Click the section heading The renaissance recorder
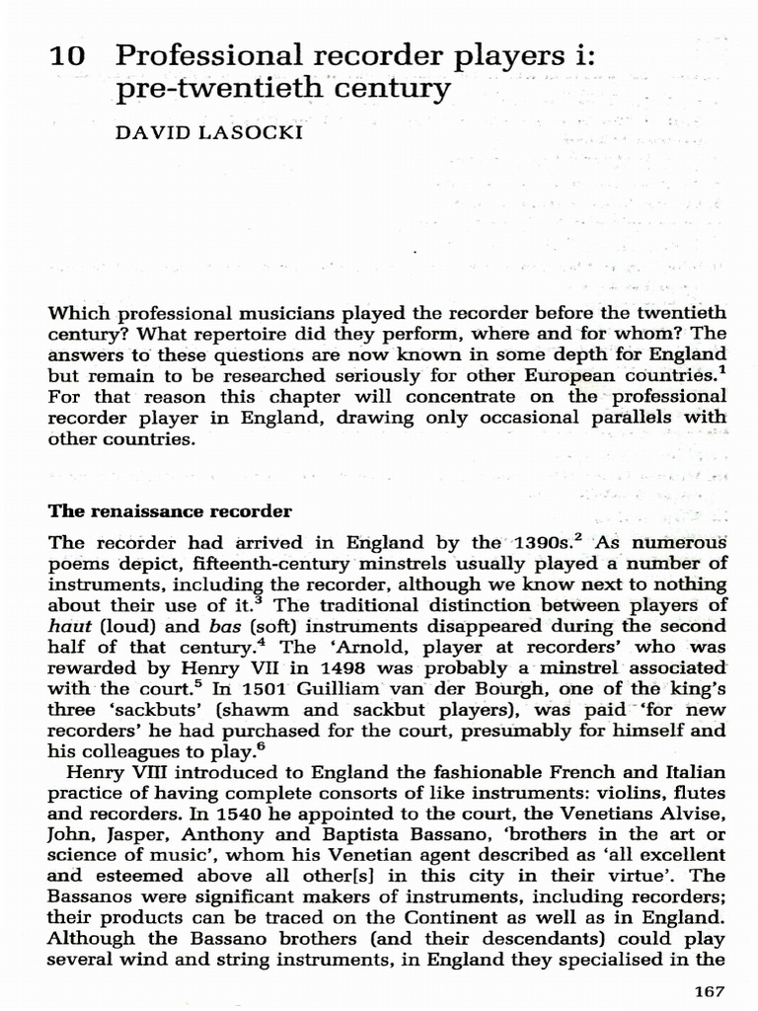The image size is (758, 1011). click(170, 511)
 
